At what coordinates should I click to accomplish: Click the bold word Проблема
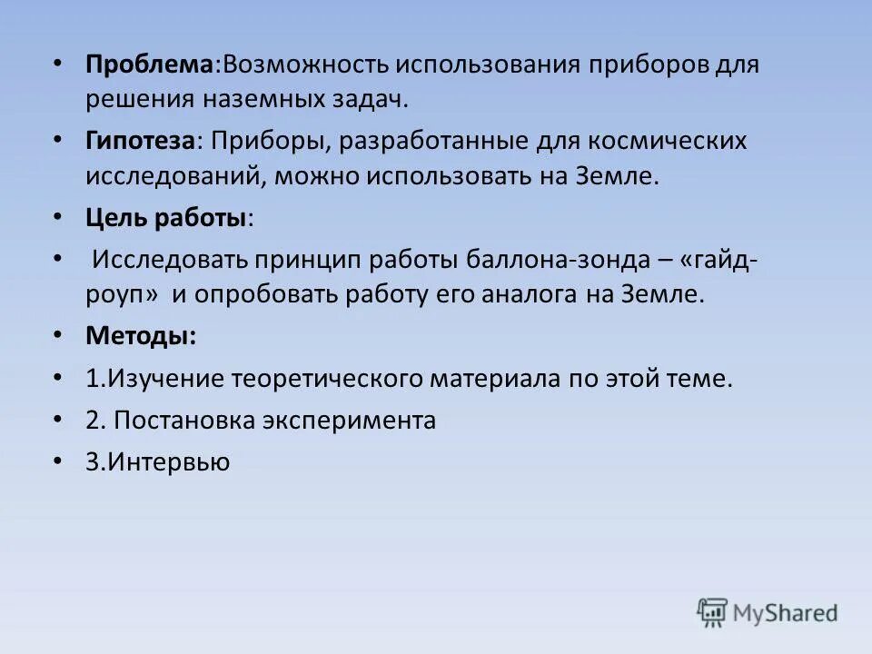(149, 66)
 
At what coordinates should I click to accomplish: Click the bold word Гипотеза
(141, 142)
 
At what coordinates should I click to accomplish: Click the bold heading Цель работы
(166, 218)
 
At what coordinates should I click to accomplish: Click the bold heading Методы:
(140, 336)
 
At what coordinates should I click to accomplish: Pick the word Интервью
(169, 462)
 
